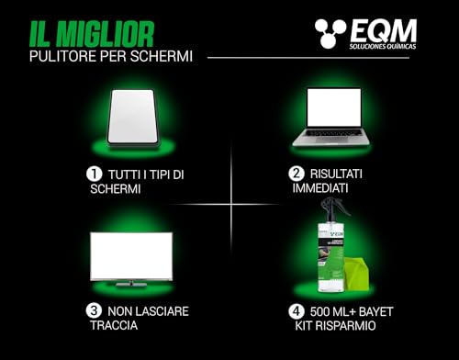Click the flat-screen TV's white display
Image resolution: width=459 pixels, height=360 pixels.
131,255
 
